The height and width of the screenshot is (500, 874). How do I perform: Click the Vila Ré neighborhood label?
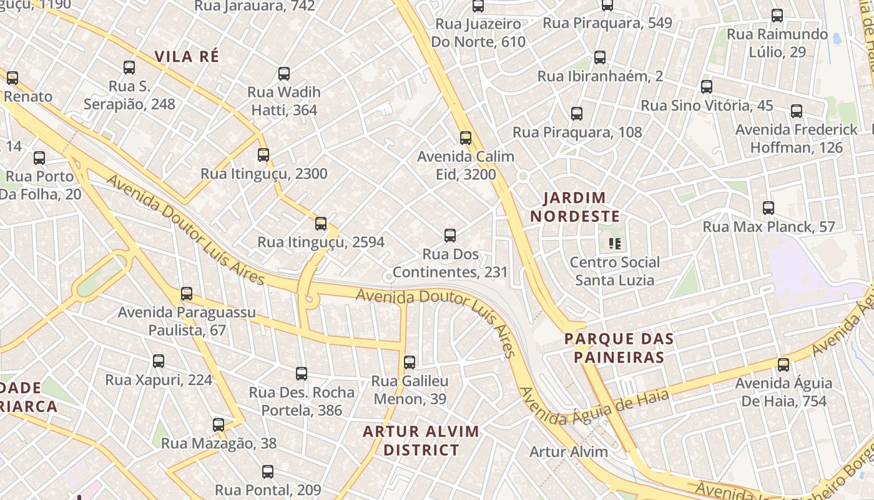(x=187, y=56)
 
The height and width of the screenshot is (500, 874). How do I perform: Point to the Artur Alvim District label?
(x=421, y=441)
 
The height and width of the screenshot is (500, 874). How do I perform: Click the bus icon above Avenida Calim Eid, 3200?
(x=466, y=138)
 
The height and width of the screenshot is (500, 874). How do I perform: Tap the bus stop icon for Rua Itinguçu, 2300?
(x=263, y=155)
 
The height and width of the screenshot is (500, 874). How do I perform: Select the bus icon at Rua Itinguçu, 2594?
(x=321, y=224)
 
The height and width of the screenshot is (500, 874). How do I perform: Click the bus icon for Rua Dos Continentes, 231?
(x=450, y=236)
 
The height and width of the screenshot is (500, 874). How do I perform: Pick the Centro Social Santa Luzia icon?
(x=615, y=244)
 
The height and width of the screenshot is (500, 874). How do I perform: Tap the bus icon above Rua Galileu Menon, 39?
(x=410, y=362)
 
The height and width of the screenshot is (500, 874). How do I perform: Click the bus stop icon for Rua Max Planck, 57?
(x=768, y=208)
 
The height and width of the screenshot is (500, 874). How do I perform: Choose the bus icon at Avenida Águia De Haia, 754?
(x=783, y=365)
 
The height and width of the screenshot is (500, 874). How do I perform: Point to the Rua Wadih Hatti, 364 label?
(x=284, y=101)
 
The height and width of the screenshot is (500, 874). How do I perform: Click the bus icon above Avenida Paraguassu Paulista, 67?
(x=187, y=294)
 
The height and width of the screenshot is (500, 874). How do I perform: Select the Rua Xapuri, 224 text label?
(x=159, y=380)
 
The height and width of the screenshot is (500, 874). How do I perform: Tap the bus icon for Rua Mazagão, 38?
(x=219, y=425)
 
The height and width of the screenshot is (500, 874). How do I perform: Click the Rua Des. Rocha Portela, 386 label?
(x=302, y=401)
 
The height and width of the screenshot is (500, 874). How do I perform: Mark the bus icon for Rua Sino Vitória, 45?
(x=707, y=87)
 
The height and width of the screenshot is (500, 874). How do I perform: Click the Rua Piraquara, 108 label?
(x=577, y=132)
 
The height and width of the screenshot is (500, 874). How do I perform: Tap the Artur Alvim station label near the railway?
(x=568, y=452)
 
